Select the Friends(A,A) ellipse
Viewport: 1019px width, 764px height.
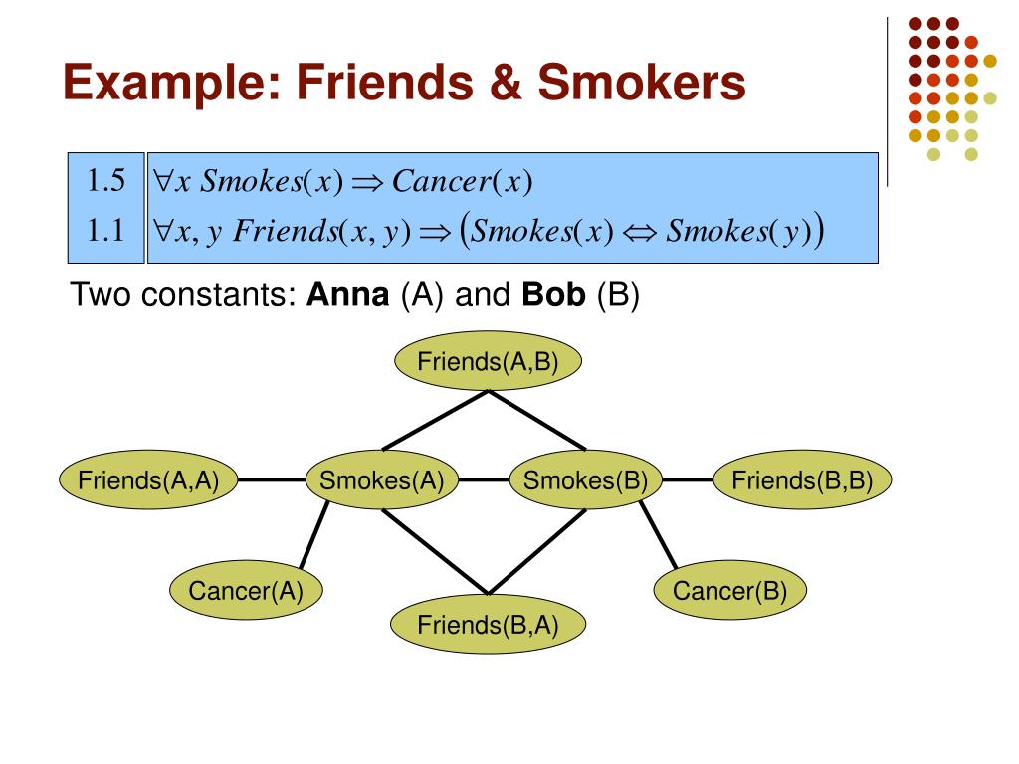(148, 481)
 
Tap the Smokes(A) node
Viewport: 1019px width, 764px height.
(381, 481)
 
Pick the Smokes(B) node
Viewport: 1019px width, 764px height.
(586, 481)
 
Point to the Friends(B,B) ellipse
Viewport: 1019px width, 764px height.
(802, 481)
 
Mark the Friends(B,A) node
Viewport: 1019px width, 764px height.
(488, 625)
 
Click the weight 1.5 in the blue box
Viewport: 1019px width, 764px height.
(103, 182)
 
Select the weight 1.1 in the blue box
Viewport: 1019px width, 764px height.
(103, 232)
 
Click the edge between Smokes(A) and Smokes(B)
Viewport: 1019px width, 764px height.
(484, 481)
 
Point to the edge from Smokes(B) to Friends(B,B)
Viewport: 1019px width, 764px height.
(689, 481)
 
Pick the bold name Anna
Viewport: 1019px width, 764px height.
(348, 296)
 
